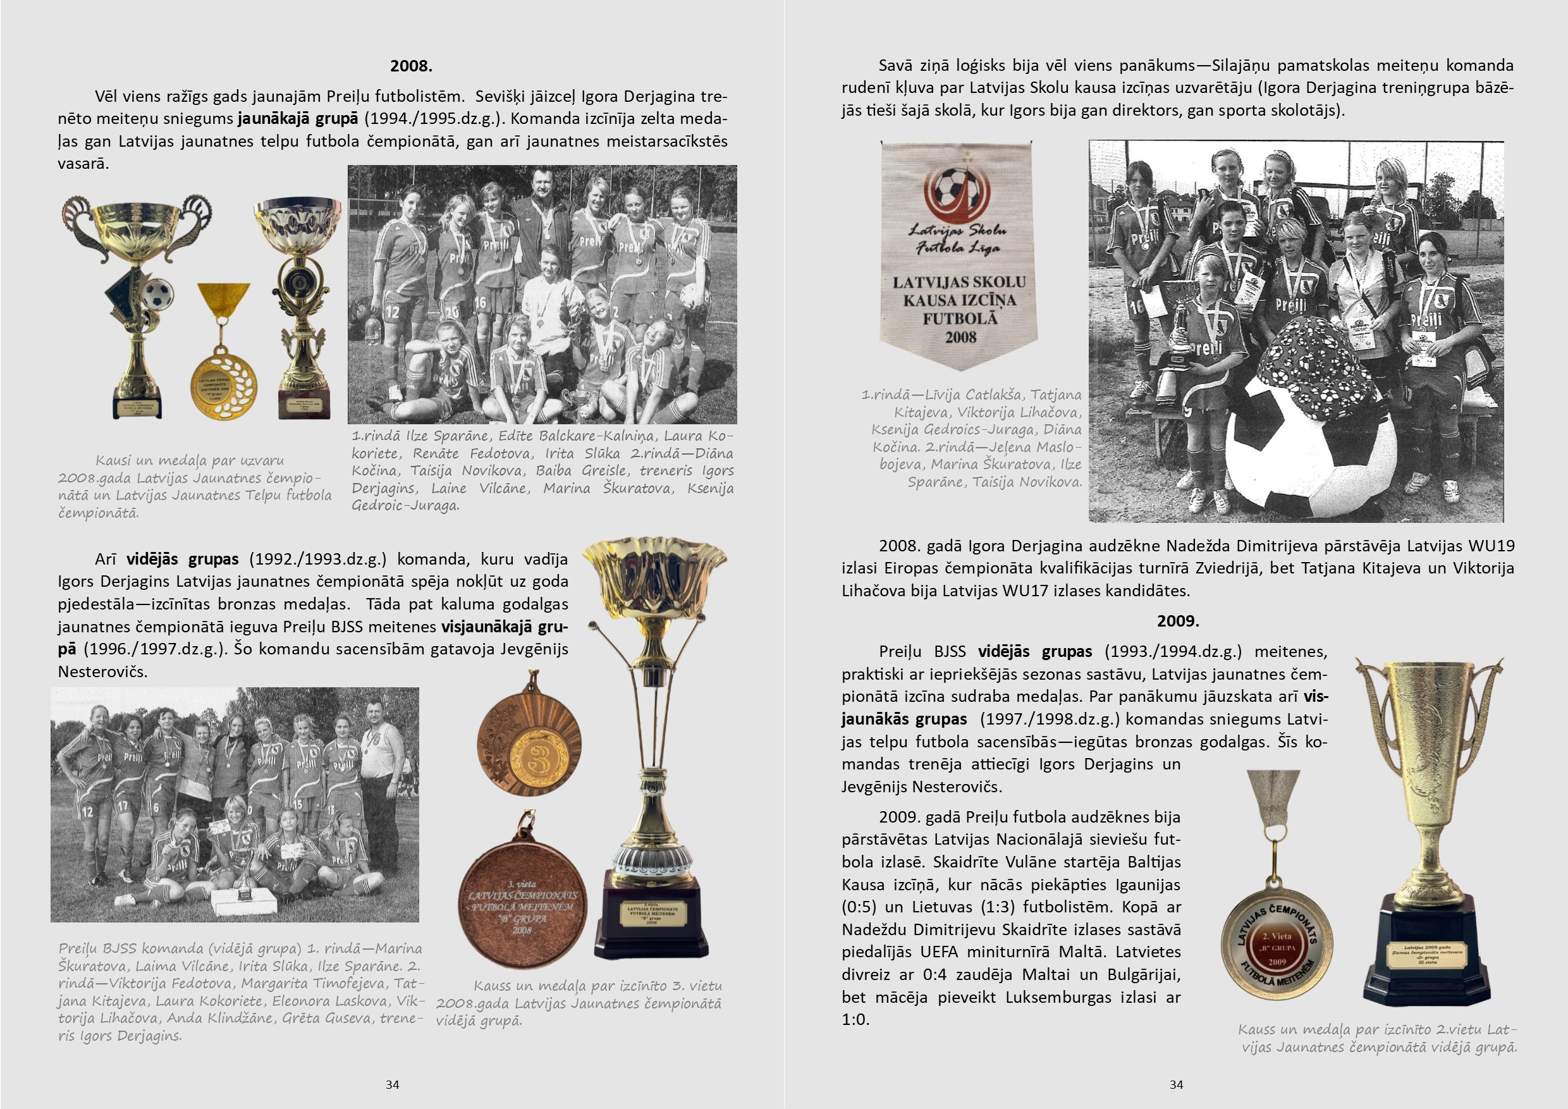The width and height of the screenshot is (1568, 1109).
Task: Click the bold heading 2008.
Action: pos(411,66)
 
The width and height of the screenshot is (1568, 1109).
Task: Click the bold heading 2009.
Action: pos(1177,621)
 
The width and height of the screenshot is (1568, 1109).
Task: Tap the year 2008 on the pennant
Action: pos(960,338)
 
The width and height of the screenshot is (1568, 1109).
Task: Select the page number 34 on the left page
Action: pos(392,1084)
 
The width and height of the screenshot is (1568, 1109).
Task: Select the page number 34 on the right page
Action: pos(1176,1084)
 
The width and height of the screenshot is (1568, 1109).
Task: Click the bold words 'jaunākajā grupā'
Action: pos(298,119)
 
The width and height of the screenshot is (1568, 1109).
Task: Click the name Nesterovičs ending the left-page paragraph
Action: pos(102,672)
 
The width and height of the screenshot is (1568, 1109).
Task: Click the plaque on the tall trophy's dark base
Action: pos(652,914)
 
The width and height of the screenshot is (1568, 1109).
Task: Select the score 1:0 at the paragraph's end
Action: pos(855,1020)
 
